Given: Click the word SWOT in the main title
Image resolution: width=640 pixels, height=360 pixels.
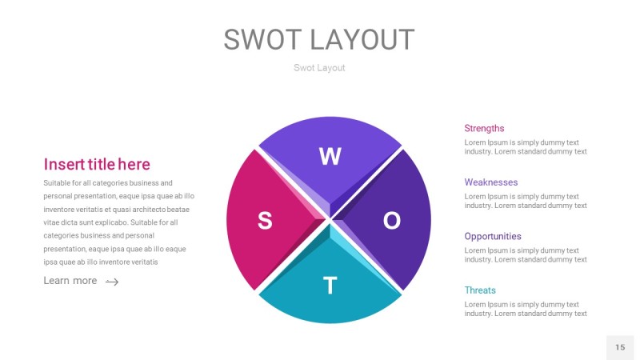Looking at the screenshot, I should click(262, 40).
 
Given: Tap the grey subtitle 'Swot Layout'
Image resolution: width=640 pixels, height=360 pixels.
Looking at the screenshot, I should click(319, 68).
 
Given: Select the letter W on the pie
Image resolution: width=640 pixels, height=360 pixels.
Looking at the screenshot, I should click(330, 157).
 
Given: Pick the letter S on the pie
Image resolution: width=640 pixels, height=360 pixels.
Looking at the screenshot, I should click(264, 222).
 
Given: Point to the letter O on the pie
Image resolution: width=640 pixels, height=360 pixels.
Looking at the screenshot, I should click(391, 221).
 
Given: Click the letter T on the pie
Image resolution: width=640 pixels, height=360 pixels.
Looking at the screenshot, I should click(329, 286).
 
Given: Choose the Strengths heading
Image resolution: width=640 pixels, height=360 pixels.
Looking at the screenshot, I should click(484, 128).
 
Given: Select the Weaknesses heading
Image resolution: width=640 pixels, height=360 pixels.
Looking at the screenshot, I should click(490, 182).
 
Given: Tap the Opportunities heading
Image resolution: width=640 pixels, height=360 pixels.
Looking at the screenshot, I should click(493, 236).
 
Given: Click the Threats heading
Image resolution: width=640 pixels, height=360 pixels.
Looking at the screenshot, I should click(480, 290).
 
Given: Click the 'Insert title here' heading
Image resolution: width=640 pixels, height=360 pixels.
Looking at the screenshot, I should click(97, 164).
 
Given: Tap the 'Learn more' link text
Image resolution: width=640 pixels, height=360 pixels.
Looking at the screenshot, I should click(70, 281).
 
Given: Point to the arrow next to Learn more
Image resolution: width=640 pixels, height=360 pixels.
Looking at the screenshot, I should click(112, 282).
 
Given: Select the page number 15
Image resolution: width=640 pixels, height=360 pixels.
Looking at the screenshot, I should click(620, 347).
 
